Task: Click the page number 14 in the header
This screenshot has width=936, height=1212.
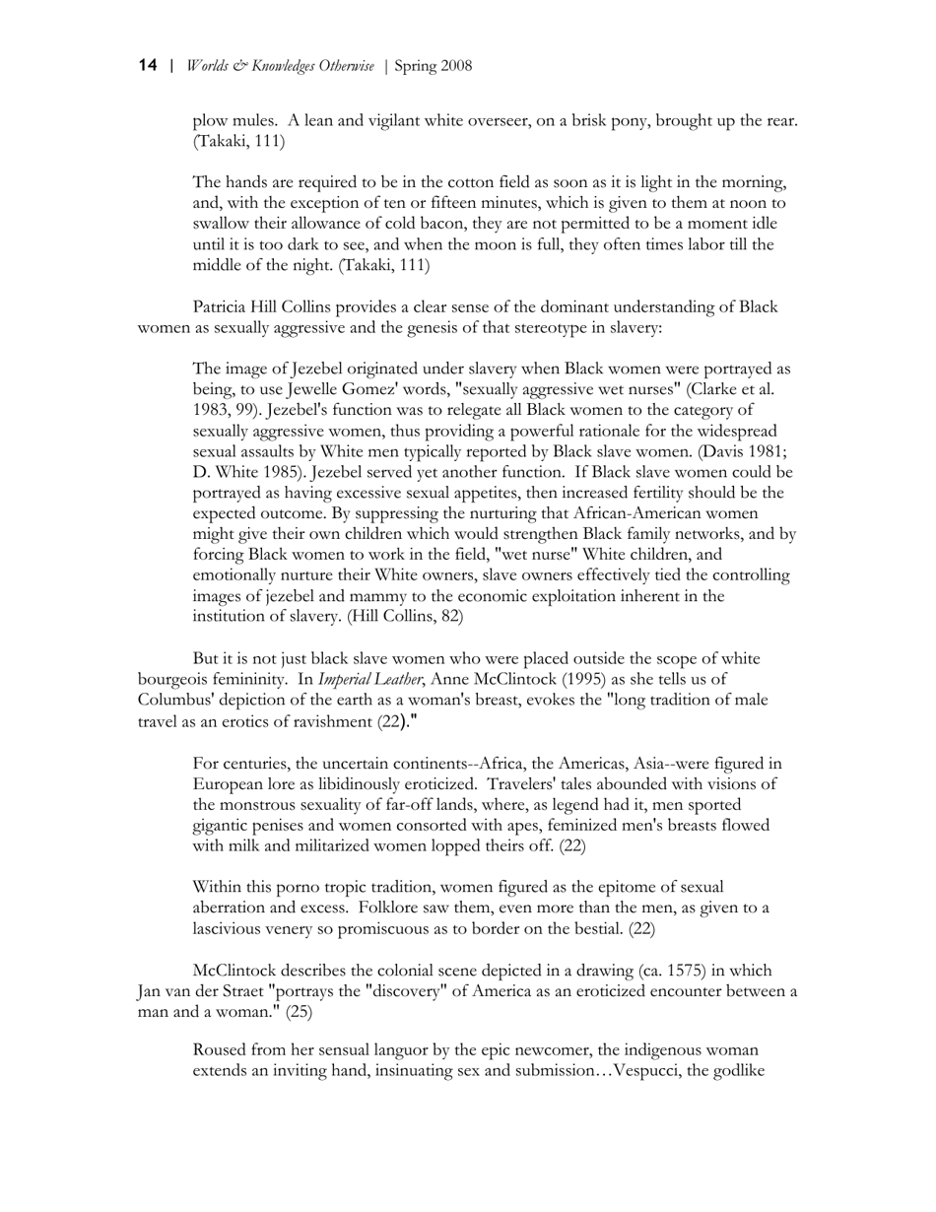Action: pos(148,66)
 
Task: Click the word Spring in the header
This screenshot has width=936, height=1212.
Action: pos(415,67)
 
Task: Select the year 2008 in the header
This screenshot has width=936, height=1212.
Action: pos(455,67)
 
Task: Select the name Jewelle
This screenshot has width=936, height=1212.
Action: pos(316,389)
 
